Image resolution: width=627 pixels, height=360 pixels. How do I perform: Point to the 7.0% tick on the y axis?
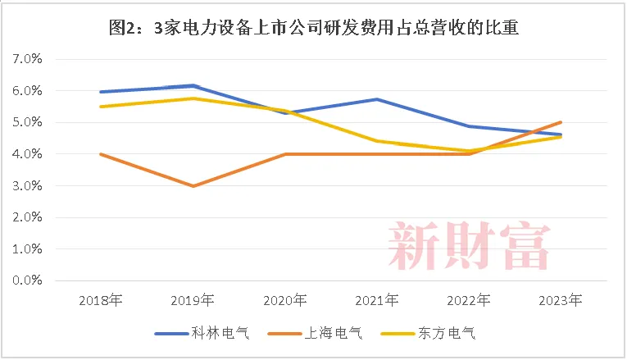tap(27, 60)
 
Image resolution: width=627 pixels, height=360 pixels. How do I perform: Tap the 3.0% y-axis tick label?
tap(27, 186)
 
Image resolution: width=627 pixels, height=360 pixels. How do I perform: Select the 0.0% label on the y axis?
tap(27, 280)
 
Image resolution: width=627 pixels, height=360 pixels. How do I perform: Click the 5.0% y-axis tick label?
tap(27, 123)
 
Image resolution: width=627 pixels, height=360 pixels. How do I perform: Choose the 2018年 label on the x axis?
tap(100, 300)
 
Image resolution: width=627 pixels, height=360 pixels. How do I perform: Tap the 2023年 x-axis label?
tap(561, 300)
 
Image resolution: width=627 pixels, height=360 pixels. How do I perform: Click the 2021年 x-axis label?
tap(376, 300)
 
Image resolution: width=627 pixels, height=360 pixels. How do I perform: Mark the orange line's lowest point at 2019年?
tap(193, 186)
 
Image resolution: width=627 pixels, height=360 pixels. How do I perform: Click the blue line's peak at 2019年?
tap(193, 85)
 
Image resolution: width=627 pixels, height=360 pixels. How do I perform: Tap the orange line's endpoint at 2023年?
tap(561, 122)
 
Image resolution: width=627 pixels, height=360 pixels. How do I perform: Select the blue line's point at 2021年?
tap(376, 99)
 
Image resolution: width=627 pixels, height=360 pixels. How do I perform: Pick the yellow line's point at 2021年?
tap(376, 141)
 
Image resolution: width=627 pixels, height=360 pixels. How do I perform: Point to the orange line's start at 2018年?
tap(100, 154)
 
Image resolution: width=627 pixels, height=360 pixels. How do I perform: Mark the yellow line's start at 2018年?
tap(100, 107)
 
